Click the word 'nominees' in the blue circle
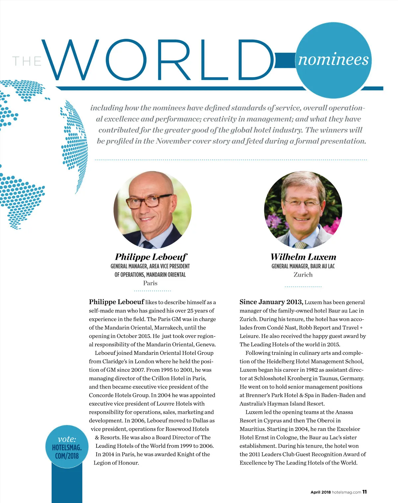tap(333, 60)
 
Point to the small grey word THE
tap(27, 61)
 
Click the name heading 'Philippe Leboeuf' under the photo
tap(151, 257)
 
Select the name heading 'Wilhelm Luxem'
tap(303, 257)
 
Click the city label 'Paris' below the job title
tap(150, 283)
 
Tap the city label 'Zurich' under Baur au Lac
tap(303, 274)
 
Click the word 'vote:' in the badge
tap(67, 439)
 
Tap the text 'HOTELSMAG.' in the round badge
tap(67, 447)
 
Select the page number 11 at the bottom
tap(365, 492)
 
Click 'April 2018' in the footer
tap(320, 492)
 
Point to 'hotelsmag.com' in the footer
tap(346, 492)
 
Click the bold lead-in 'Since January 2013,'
tap(271, 302)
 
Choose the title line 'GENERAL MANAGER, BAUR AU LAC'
tap(303, 266)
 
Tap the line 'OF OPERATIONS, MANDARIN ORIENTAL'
tap(150, 275)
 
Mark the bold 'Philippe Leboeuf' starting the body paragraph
tap(116, 302)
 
